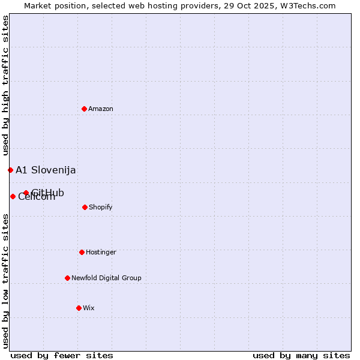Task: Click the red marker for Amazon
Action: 84,109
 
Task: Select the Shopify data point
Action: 85,207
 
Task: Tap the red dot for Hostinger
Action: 82,252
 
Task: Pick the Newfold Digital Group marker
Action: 67,278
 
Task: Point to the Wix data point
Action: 79,308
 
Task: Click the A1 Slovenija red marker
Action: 10,170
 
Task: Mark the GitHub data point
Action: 26,193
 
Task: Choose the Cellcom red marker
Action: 13,196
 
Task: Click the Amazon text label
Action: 101,109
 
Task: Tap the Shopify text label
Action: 100,207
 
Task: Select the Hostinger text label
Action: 101,252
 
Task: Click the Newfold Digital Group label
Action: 106,278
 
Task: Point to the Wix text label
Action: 89,308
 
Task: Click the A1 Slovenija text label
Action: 46,170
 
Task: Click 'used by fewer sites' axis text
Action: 62,355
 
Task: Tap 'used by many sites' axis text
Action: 301,355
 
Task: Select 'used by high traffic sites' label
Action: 5,86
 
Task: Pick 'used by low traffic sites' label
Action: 5,281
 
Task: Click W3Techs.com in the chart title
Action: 307,5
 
